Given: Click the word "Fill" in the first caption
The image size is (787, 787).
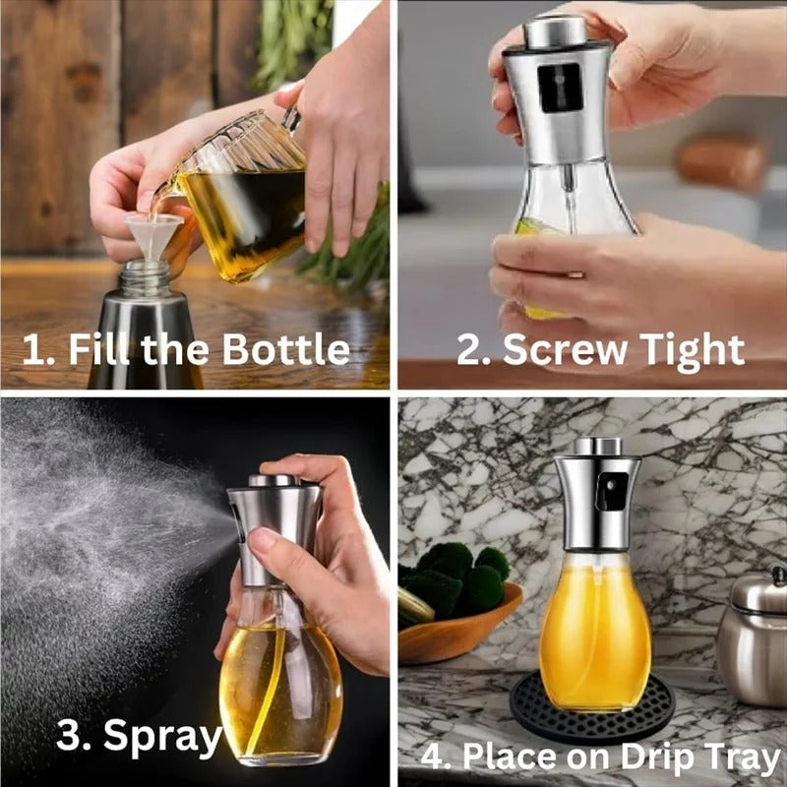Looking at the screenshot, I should click(103, 350).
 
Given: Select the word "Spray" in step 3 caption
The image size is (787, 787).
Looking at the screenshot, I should click(162, 737).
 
